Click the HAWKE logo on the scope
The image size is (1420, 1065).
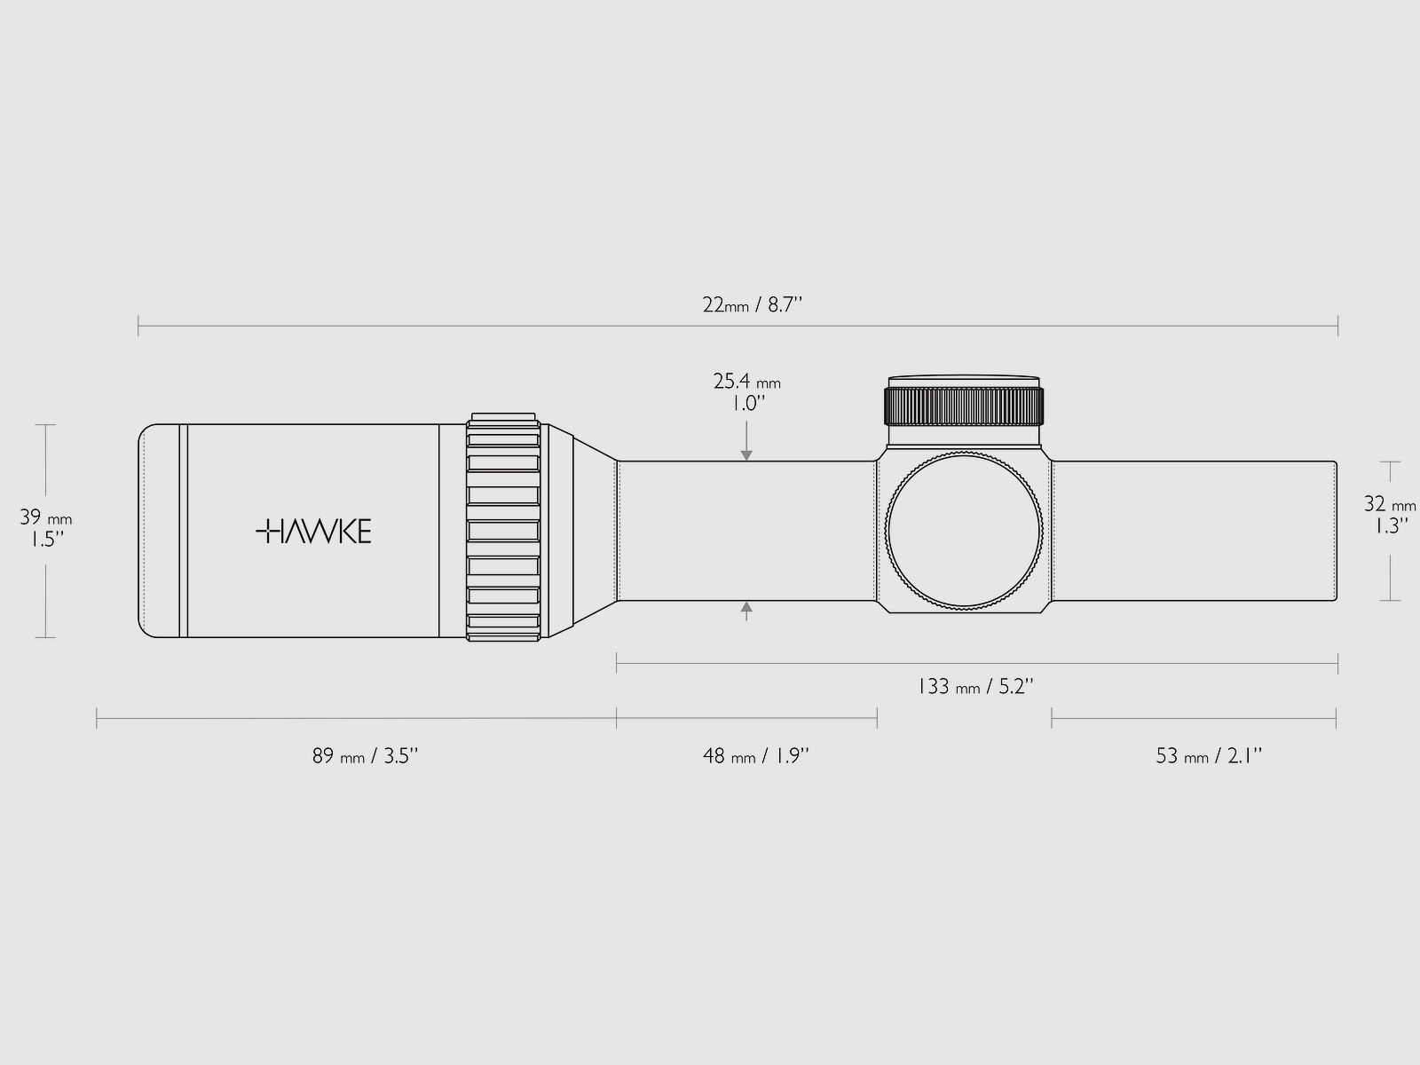tap(313, 532)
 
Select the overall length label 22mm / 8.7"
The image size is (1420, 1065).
tap(752, 305)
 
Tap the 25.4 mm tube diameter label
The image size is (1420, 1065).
tap(746, 391)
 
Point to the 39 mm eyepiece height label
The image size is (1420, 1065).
tap(45, 529)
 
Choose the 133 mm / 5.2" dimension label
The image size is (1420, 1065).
tap(974, 686)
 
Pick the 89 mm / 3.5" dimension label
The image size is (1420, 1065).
tap(365, 756)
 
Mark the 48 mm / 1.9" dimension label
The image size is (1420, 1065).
tap(756, 756)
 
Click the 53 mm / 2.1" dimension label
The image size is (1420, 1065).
tap(1209, 756)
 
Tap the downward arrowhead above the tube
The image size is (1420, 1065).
tap(746, 455)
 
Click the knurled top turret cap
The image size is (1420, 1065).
tap(963, 405)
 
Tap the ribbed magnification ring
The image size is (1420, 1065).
tap(503, 531)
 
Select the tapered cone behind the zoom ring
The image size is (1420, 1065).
tap(581, 531)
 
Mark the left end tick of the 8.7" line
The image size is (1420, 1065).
tap(138, 327)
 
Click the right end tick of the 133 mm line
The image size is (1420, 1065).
tap(1337, 662)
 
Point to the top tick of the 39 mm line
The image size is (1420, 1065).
tap(45, 425)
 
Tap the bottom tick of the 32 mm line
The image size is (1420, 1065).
tap(1390, 601)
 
